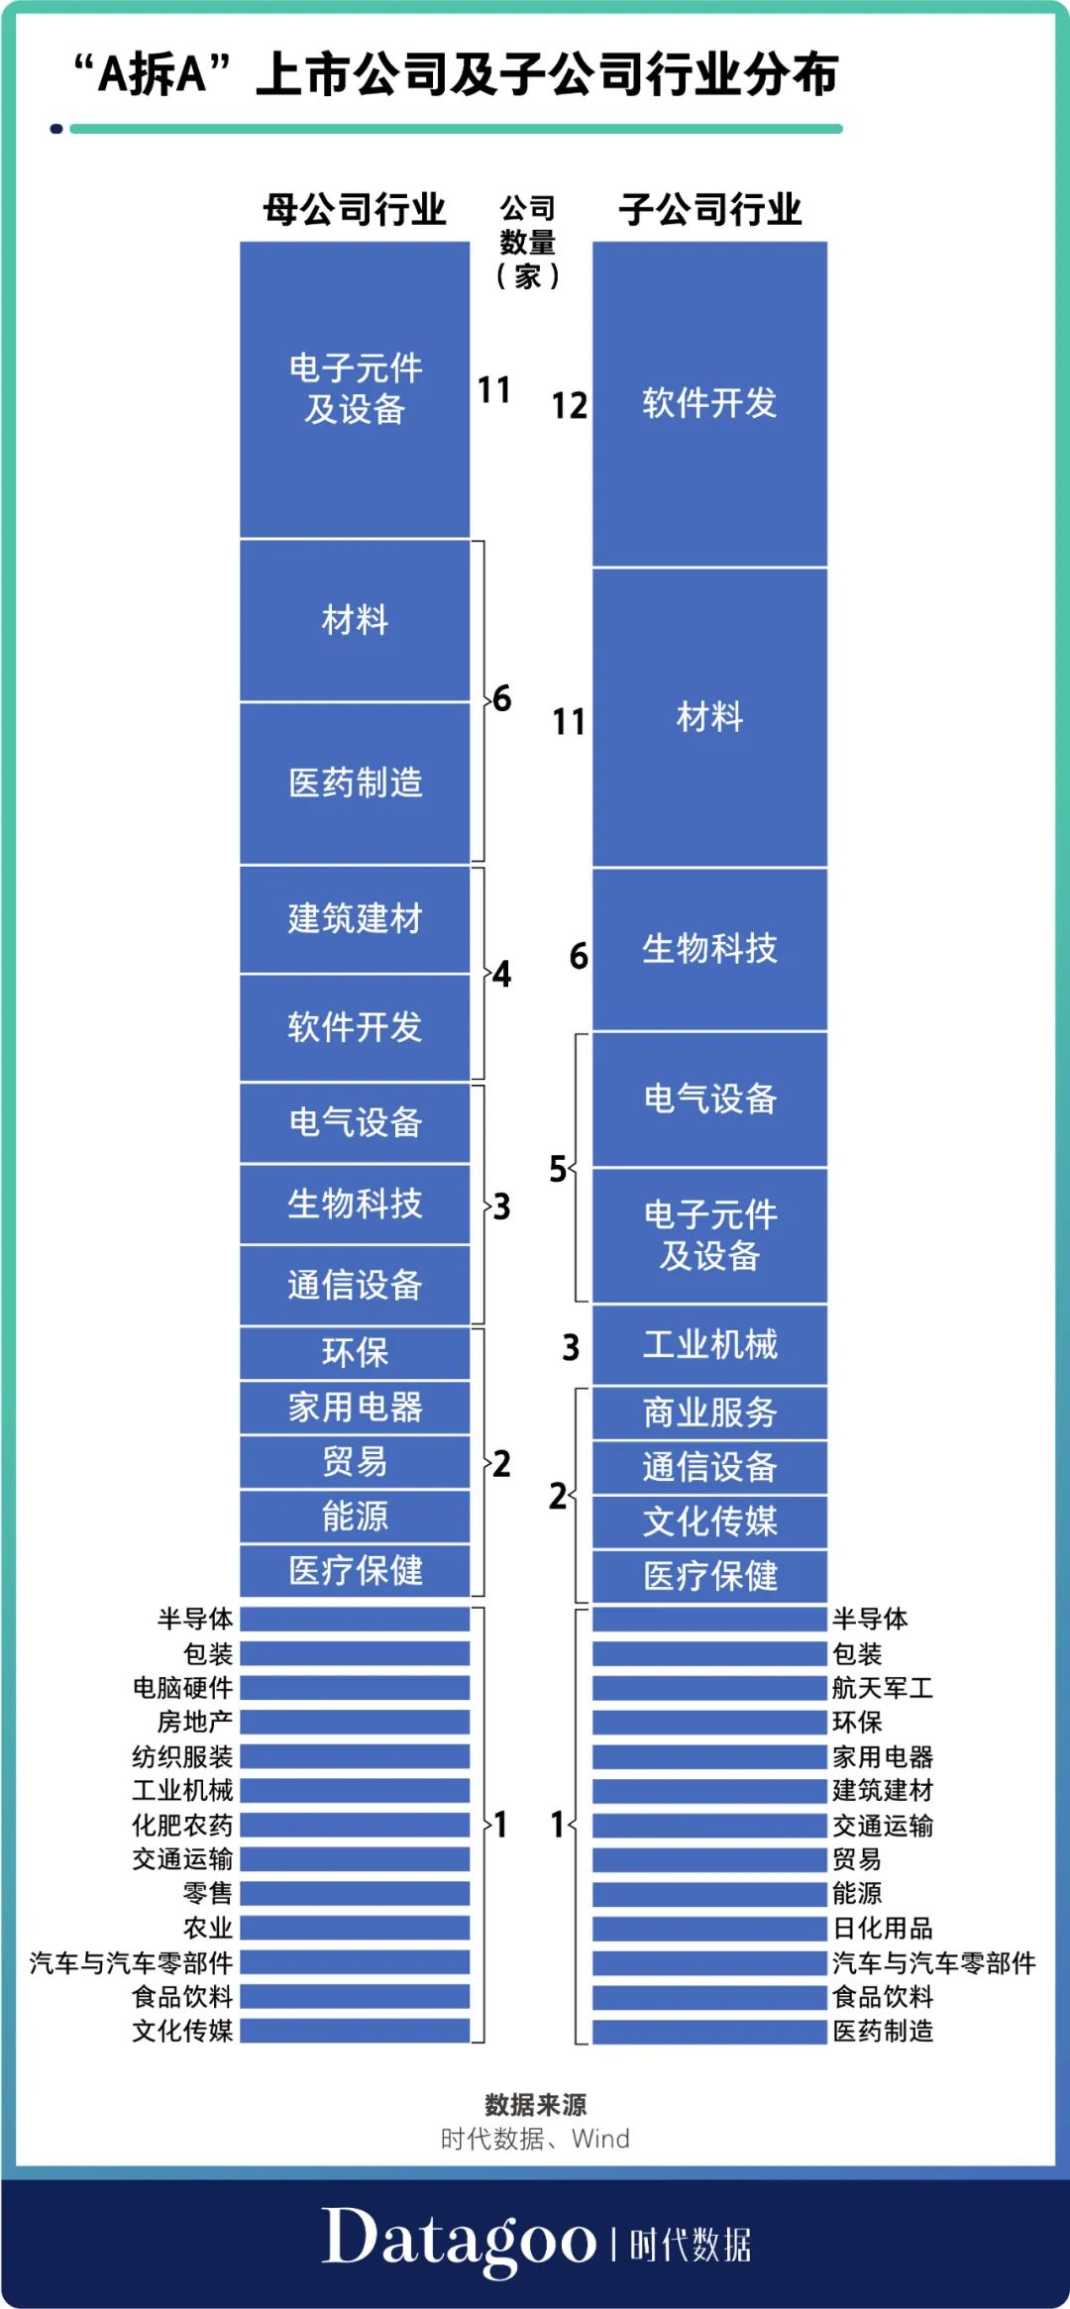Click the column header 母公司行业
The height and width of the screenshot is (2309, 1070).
point(354,210)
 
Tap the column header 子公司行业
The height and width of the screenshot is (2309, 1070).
point(709,210)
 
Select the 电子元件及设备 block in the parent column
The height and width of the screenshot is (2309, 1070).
point(355,389)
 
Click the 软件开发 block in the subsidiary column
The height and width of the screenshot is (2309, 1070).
point(709,404)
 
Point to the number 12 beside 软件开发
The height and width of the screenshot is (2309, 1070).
point(569,406)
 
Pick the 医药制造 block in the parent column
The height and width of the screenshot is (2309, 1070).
point(355,784)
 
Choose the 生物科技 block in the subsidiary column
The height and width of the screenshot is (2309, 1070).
point(709,949)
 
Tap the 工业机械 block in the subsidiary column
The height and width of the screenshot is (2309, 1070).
point(709,1345)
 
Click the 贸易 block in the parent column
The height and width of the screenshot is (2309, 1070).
point(355,1461)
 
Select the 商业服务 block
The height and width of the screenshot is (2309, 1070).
point(709,1413)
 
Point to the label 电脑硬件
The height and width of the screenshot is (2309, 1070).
point(183,1688)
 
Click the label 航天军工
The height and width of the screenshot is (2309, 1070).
point(882,1688)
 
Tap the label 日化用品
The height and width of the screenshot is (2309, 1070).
point(882,1928)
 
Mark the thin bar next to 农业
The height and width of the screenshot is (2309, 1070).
point(355,1928)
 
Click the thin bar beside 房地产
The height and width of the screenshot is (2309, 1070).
point(355,1722)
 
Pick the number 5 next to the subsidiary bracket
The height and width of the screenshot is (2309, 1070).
point(558,1169)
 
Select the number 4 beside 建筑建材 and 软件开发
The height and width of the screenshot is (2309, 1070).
point(502,975)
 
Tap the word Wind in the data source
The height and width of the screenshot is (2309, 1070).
point(600,2139)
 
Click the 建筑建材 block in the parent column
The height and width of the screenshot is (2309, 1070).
point(355,919)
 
